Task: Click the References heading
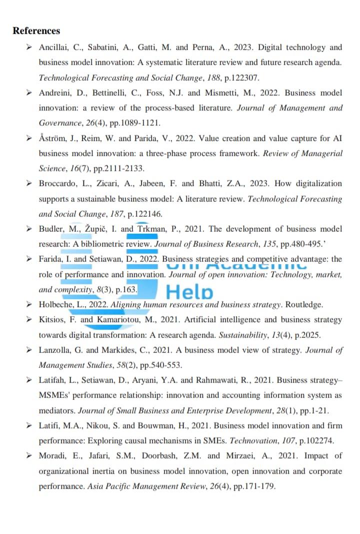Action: [36, 31]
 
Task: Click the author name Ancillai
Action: [54, 48]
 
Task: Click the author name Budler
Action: [51, 229]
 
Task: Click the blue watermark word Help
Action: [189, 292]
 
